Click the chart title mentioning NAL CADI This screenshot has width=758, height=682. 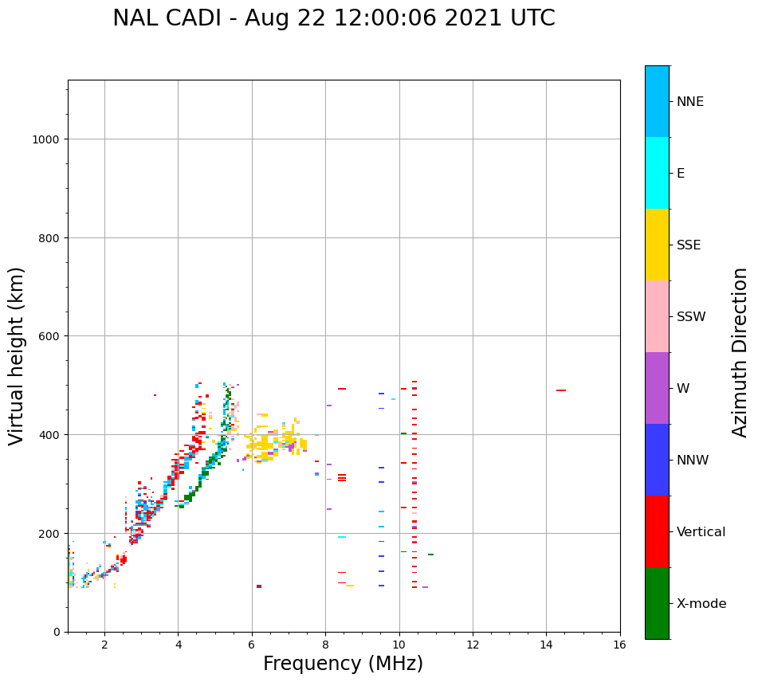coord(333,18)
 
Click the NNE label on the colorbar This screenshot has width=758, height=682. coord(690,101)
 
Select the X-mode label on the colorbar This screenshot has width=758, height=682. coord(701,604)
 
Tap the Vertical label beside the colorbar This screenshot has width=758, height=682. coord(701,532)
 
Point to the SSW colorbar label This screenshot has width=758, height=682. coord(691,317)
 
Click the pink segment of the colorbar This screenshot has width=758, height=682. coord(657,316)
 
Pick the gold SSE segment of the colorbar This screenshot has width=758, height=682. coord(657,245)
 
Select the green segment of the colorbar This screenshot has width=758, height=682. coord(657,603)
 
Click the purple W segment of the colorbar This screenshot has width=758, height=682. coord(657,388)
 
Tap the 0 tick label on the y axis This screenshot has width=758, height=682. coord(57,632)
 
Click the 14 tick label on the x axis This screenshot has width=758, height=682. coord(546,645)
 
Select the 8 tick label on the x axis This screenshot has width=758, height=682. coord(325,645)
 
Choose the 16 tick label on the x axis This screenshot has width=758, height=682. coord(619,645)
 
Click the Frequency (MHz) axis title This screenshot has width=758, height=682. coord(343,664)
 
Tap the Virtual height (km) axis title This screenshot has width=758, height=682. coord(17,356)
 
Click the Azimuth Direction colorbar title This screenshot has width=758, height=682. coord(740,352)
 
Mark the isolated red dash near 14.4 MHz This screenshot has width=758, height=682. coord(561,390)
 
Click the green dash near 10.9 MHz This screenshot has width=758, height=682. coord(430,555)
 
